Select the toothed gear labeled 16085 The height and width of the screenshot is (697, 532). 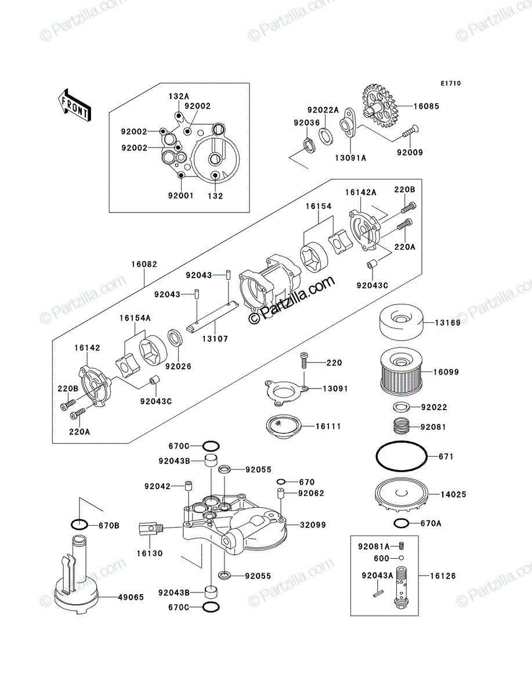380,106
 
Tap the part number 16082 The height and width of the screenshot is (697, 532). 144,264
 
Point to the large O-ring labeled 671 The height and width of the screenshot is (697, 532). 401,457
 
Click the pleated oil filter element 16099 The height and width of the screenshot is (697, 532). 401,372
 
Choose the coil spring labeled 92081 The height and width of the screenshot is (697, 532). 401,426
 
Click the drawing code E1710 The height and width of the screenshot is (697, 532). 451,84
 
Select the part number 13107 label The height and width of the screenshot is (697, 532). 215,339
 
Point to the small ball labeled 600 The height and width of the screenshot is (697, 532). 401,558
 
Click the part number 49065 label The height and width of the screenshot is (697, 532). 131,597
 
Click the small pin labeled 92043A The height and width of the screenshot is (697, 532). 379,592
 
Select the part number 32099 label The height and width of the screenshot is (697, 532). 313,525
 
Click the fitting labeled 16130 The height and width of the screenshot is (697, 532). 151,529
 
